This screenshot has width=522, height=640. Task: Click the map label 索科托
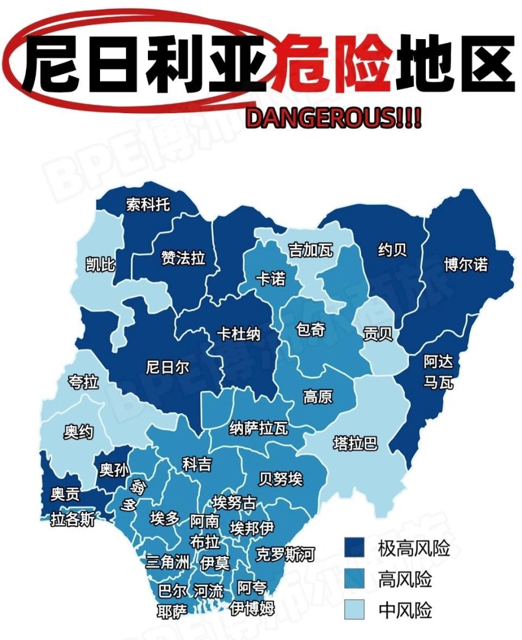click(148, 205)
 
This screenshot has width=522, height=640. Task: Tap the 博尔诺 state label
click(465, 264)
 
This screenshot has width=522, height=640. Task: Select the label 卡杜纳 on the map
click(238, 334)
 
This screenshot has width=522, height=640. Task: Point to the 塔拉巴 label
click(355, 444)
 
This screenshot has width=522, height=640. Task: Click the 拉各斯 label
click(73, 519)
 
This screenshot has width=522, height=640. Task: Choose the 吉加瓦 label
click(310, 250)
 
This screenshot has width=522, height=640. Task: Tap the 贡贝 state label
click(378, 334)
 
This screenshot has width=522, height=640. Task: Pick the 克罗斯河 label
click(285, 555)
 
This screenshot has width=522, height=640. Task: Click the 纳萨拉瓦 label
click(258, 428)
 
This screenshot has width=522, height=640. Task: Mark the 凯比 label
click(101, 264)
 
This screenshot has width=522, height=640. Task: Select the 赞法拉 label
click(183, 257)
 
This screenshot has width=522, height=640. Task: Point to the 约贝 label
click(392, 250)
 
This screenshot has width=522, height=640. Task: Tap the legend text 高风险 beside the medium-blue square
click(405, 580)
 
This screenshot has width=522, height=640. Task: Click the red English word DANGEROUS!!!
click(333, 118)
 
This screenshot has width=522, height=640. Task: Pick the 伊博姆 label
click(252, 608)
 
